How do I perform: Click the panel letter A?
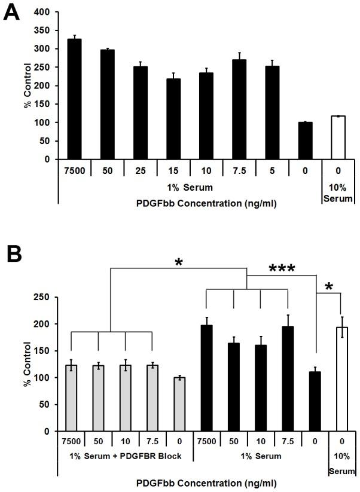point(11,12)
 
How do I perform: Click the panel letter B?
point(13,255)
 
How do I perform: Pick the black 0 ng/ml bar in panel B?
point(315,401)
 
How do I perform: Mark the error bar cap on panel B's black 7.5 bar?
point(288,315)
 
